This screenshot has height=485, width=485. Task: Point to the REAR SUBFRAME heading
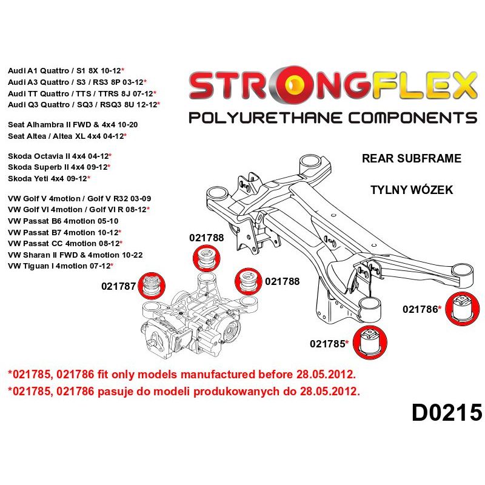[x=411, y=159]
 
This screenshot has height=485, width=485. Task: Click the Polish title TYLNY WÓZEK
[x=411, y=190]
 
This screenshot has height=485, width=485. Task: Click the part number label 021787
[x=119, y=287]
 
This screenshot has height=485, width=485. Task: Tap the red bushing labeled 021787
[x=152, y=286]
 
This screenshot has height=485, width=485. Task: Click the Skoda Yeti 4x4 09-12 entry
[x=48, y=178]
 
